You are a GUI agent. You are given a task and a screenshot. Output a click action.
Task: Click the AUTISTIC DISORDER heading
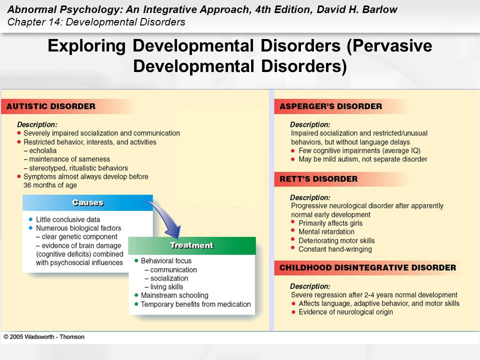[51, 106]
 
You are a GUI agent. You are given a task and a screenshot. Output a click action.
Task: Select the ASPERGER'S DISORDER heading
[330, 106]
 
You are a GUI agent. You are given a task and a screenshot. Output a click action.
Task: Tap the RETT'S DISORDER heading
[318, 179]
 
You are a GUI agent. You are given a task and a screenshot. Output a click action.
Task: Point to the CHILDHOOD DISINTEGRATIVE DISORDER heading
[367, 267]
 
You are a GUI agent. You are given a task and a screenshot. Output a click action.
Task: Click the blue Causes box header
[87, 202]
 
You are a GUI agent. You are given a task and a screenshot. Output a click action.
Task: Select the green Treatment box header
[192, 245]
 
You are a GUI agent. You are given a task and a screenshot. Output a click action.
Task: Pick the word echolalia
[43, 150]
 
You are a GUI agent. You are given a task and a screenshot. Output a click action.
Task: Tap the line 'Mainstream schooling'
[174, 295]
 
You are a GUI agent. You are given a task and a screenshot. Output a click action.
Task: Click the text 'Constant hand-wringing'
[335, 249]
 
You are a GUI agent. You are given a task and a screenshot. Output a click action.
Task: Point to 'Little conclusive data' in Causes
[68, 219]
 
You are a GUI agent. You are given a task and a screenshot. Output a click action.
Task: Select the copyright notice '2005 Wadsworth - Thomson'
[47, 336]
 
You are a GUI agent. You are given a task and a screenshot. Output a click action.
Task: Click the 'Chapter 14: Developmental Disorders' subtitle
[96, 22]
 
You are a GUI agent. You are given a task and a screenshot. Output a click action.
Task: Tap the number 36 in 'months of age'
[27, 185]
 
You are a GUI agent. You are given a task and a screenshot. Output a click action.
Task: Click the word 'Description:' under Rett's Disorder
[310, 197]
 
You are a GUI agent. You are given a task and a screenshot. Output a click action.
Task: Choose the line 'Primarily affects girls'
[330, 223]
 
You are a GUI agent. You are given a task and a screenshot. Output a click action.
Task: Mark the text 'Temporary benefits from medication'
[196, 304]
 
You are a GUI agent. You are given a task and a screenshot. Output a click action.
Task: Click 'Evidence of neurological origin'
[345, 312]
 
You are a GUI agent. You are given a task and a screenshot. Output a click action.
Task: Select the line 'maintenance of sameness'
[69, 159]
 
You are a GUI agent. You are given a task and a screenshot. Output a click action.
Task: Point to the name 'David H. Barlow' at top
[357, 9]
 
